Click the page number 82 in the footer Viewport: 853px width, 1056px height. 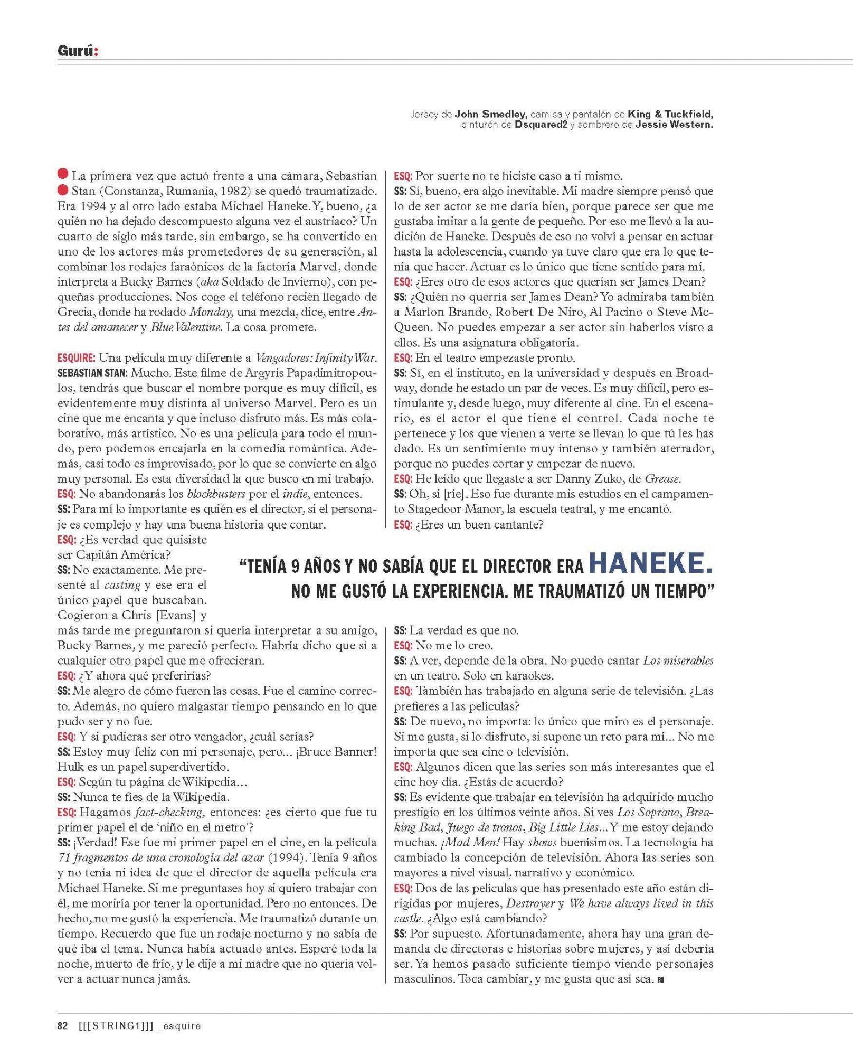[x=62, y=1026]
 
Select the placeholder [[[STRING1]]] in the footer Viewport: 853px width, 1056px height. [x=115, y=1026]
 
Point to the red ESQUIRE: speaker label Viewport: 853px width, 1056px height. [x=76, y=358]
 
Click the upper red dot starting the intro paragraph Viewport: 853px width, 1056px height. [x=63, y=174]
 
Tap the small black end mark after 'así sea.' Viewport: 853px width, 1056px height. [x=658, y=981]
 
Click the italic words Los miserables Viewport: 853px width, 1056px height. [x=678, y=661]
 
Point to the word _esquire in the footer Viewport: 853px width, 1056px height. [x=179, y=1026]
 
